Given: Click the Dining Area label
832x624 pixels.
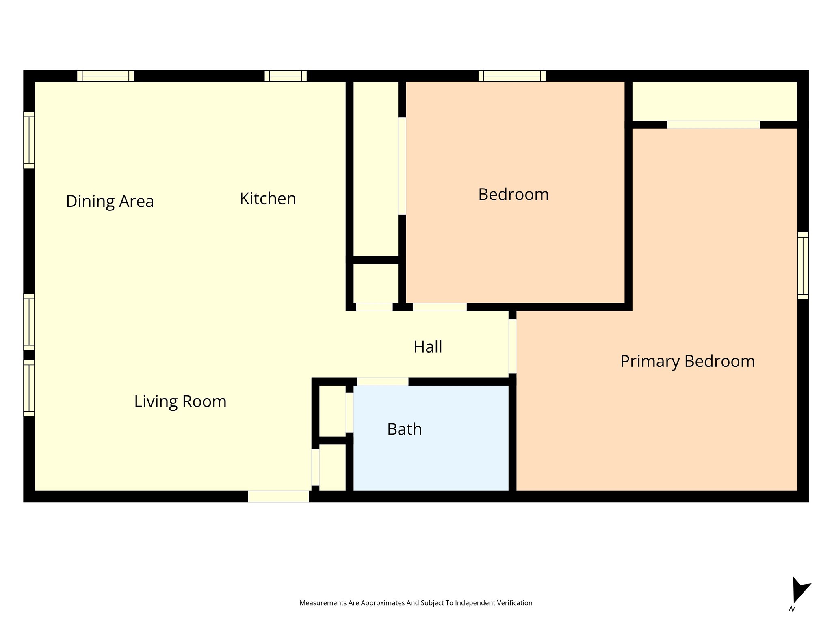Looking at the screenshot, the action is (x=110, y=201).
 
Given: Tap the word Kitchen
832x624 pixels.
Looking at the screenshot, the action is (x=268, y=199).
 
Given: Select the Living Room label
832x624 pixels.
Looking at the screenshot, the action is (x=180, y=401).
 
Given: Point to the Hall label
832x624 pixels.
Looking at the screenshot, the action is (x=428, y=347).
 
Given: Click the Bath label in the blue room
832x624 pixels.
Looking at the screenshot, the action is (x=405, y=429).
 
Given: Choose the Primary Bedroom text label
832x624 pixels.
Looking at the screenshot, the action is (x=687, y=361).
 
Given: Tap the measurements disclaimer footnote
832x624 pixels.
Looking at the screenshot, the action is (x=416, y=603).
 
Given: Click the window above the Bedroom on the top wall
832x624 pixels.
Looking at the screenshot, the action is (x=512, y=76).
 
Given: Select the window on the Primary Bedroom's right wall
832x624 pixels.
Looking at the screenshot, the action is (x=803, y=266).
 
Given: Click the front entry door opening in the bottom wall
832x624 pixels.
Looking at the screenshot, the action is (x=279, y=496).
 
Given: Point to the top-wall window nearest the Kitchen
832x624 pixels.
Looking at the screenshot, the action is (x=286, y=76).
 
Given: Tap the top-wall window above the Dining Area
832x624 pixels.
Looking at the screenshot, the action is (x=106, y=76).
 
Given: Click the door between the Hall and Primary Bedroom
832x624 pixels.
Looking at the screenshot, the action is (x=513, y=346).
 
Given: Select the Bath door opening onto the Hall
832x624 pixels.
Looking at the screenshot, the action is (x=383, y=381).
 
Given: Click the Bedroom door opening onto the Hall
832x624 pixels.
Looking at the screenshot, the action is (x=440, y=307).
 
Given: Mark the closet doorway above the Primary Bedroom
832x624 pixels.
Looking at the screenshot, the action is (x=713, y=125).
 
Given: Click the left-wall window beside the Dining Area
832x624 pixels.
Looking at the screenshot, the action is (x=29, y=140).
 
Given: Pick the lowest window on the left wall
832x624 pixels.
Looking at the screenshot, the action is (x=29, y=388).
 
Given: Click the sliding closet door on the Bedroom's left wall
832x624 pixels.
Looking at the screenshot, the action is (x=402, y=166).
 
